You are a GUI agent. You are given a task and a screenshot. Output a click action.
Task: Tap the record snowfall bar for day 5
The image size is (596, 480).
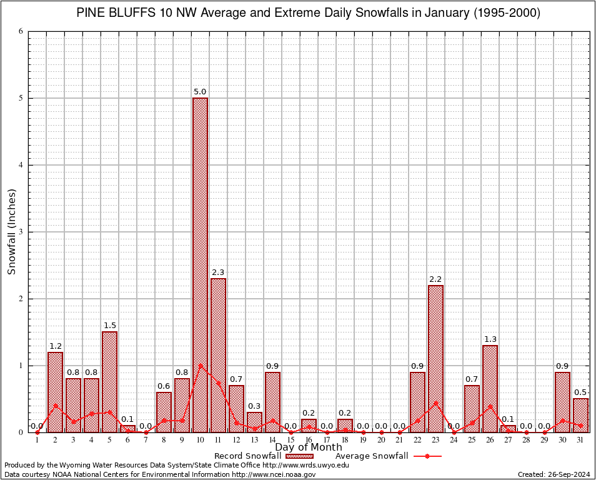[x=109, y=382]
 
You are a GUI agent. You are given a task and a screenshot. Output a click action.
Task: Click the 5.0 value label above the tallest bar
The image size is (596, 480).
[x=200, y=92]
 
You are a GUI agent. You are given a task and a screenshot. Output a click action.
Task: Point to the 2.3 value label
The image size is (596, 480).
[x=218, y=272]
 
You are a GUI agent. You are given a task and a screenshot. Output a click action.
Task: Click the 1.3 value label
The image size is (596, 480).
[x=490, y=339]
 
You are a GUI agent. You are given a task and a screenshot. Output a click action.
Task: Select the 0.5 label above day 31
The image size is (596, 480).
[x=580, y=392]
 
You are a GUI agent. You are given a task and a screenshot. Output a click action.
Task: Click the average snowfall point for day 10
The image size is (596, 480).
[x=200, y=365]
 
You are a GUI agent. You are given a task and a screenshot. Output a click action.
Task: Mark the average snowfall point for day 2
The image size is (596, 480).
[x=55, y=405]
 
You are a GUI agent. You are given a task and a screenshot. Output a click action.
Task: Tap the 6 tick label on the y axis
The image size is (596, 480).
[x=21, y=31]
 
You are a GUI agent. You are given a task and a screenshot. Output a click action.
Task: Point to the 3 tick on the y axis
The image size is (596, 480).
[x=21, y=232]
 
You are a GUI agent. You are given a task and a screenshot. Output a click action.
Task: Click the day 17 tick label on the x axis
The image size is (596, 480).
[x=327, y=440]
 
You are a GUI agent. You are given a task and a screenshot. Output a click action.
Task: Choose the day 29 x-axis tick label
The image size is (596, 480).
[x=544, y=440]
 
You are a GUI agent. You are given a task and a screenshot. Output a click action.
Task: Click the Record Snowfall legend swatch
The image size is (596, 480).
[x=299, y=456]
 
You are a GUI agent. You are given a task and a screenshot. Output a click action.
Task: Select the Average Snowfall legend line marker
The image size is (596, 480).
[x=427, y=456]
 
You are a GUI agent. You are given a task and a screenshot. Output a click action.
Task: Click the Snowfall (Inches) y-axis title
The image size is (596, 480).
[x=11, y=232]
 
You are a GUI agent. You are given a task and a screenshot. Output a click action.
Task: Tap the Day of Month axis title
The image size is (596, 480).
[x=309, y=447]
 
